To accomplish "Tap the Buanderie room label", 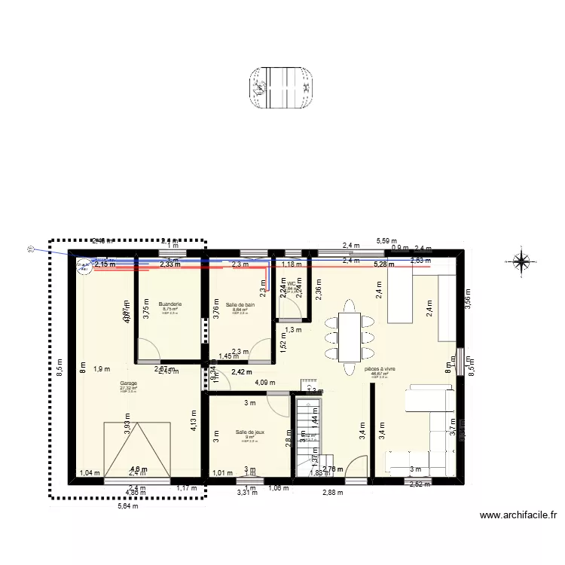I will pos(169,304).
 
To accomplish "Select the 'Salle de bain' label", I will pos(239,304).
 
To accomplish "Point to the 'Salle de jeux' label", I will pos(250,432).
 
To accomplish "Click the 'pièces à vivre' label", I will pos(380,370).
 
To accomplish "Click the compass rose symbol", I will pos(521,261).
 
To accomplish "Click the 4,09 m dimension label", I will pos(265,383).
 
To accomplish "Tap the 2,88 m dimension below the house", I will pos(332,493).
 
